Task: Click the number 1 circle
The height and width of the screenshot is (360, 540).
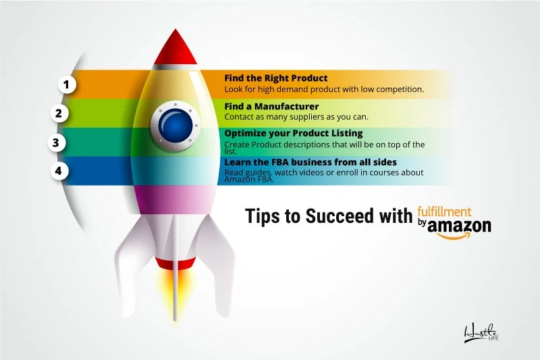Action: coord(67,84)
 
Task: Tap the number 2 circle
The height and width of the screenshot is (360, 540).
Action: coord(59,113)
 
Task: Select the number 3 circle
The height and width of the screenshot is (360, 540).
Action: coord(56,142)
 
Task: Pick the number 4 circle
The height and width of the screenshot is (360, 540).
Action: coord(59,170)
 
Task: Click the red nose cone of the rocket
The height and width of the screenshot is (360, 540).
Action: coord(175,48)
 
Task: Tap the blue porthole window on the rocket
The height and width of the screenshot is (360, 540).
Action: coord(175,126)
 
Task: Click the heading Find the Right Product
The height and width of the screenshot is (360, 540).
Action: coord(276,78)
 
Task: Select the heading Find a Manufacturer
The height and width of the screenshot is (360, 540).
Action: coord(272,106)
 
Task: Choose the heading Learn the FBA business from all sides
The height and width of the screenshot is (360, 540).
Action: coord(310,162)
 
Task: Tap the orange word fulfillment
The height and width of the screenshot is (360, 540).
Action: coord(445,211)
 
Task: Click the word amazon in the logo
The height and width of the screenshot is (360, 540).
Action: coord(459,226)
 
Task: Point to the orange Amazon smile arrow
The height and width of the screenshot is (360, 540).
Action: coord(454,236)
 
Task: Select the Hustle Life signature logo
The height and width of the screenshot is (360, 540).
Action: coord(481,333)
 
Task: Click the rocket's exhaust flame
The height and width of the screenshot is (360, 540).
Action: coord(174,288)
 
